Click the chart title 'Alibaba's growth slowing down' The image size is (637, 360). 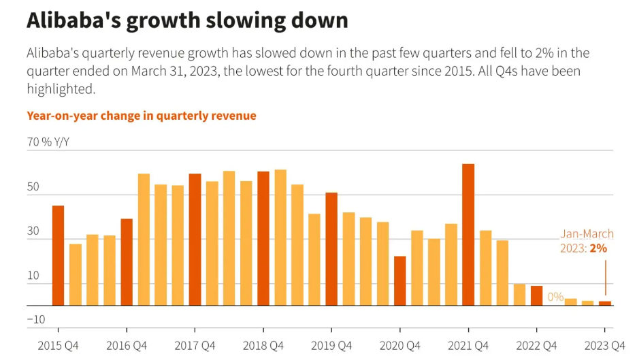point(187,20)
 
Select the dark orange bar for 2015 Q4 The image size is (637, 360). point(59,255)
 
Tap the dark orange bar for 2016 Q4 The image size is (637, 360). point(127,262)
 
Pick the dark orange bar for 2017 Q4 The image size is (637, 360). point(195,240)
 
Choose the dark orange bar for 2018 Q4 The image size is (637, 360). point(263,238)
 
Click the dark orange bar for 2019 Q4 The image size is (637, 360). point(331,249)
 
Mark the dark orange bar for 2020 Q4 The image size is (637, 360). point(400,280)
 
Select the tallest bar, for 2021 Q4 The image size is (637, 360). point(468,235)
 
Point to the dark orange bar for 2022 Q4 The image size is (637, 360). point(537,295)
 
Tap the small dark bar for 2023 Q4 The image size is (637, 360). point(605,303)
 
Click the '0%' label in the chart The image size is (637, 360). point(555,297)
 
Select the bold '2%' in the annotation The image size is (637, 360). point(598,248)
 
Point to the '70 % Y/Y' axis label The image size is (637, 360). point(48,142)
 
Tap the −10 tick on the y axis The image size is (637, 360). point(35,319)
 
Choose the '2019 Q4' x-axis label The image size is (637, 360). point(331,346)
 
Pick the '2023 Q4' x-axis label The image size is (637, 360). point(604,346)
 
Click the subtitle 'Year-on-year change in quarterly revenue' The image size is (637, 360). point(142,116)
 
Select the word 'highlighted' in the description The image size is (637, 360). point(61,89)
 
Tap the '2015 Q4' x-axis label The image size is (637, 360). point(59,346)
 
